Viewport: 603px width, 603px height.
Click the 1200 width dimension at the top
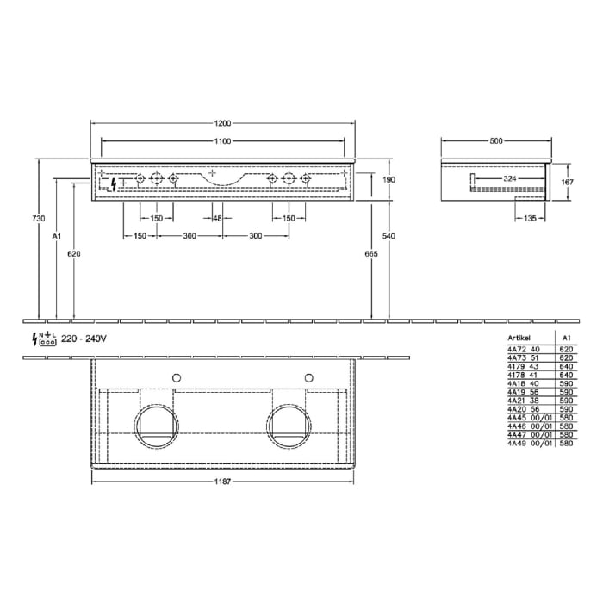(x=224, y=123)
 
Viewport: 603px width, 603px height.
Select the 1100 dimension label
(x=224, y=140)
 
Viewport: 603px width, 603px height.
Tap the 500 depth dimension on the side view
(x=494, y=140)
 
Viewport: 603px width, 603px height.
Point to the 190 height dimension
(x=389, y=179)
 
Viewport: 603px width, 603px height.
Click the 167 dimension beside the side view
(x=567, y=182)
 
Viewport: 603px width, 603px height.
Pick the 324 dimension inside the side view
(x=510, y=178)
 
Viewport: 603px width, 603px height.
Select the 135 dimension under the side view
(x=528, y=219)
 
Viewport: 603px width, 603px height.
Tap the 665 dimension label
(x=371, y=254)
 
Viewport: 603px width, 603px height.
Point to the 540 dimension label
(x=389, y=236)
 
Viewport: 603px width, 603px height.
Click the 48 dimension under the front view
(x=217, y=219)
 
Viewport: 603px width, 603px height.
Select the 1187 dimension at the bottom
(x=224, y=481)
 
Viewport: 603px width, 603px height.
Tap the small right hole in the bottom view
(x=308, y=377)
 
